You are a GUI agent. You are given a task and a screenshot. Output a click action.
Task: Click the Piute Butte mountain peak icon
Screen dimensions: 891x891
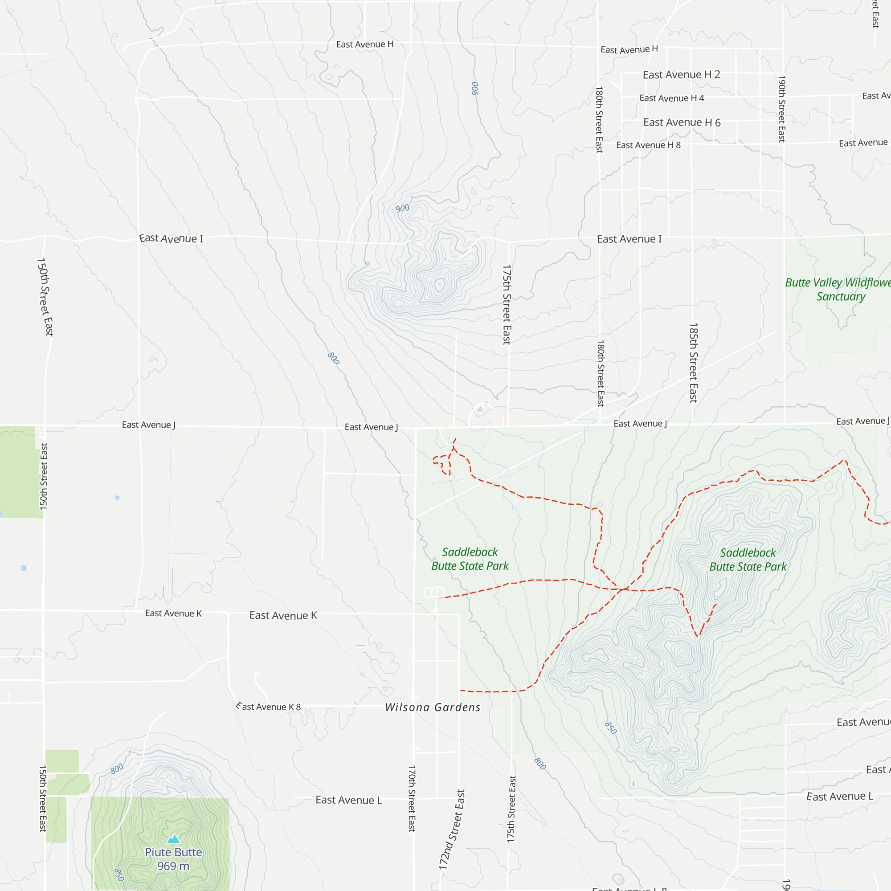pos(173,838)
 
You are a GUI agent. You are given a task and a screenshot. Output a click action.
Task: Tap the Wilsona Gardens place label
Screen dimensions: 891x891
pos(433,707)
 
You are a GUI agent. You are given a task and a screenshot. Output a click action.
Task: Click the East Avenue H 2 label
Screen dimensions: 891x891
pos(681,75)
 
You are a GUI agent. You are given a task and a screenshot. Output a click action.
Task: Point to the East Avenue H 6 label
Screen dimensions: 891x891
pos(682,122)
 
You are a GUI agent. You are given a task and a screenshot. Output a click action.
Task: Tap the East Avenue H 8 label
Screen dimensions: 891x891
pos(648,145)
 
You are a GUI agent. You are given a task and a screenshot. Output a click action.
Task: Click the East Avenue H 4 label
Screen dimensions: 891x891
pos(671,98)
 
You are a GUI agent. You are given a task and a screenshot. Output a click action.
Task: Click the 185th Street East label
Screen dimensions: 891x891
pos(693,363)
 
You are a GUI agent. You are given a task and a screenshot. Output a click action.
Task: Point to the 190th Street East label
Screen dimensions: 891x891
pos(782,109)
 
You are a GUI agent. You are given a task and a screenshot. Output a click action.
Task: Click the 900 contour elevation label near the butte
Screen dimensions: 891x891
pos(402,208)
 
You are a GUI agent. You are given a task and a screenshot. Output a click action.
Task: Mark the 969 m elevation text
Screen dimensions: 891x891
pos(173,866)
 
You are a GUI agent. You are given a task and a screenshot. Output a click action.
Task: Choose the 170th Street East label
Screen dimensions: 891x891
pos(412,798)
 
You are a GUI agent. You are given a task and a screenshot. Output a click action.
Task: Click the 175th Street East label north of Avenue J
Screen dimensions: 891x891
pos(507,304)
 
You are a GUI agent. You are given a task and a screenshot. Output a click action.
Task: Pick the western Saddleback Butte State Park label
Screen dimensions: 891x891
pos(470,559)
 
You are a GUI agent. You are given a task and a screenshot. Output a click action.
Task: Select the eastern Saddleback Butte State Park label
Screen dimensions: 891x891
pos(748,560)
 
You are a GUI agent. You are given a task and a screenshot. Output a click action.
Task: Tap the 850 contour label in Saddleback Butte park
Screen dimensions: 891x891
pos(611,728)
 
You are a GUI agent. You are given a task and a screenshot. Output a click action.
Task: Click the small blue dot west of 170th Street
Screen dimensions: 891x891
pos(117,498)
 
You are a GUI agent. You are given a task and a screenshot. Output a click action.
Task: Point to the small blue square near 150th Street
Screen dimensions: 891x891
pos(24,568)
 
